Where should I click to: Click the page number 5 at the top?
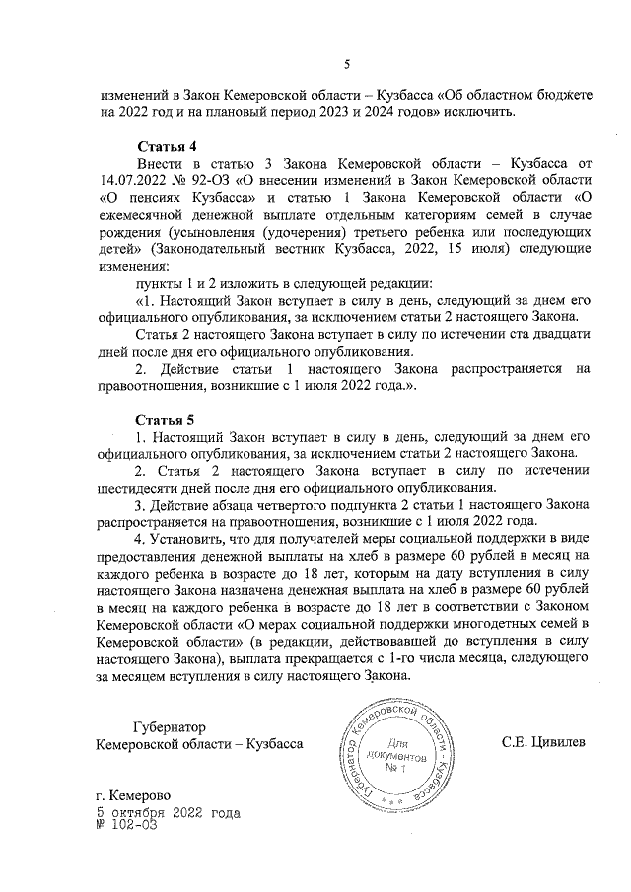346,65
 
